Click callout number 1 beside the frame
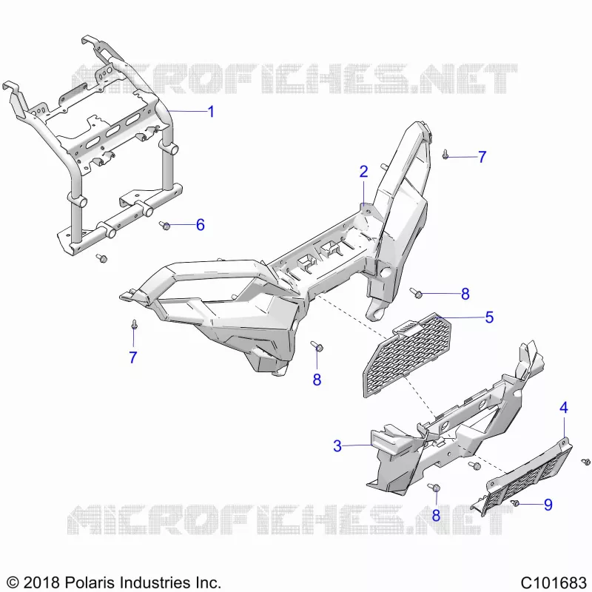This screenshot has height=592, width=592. coord(211,112)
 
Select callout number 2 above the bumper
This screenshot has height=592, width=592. coord(363,172)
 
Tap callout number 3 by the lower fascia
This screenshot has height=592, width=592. coord(337,446)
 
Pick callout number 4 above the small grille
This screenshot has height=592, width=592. coord(563,408)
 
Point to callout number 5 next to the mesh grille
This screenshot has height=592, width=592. coord(489,317)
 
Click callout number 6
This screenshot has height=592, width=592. coord(201,225)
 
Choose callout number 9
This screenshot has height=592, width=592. coord(548,505)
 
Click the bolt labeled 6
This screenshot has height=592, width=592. coord(164,226)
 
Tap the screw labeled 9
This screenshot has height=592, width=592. coord(514,503)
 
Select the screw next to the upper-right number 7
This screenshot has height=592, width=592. coord(445,154)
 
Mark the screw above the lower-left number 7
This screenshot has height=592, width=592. coord(134,324)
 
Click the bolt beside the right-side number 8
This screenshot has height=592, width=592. coord(416,292)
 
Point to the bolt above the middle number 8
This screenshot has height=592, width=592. coord(317,346)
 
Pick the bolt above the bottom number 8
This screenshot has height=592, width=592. coord(434,487)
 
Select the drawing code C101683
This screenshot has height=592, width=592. coord(553,582)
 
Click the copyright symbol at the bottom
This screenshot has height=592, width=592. coord(13,582)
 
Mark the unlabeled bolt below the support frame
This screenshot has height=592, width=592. coord(101,258)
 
